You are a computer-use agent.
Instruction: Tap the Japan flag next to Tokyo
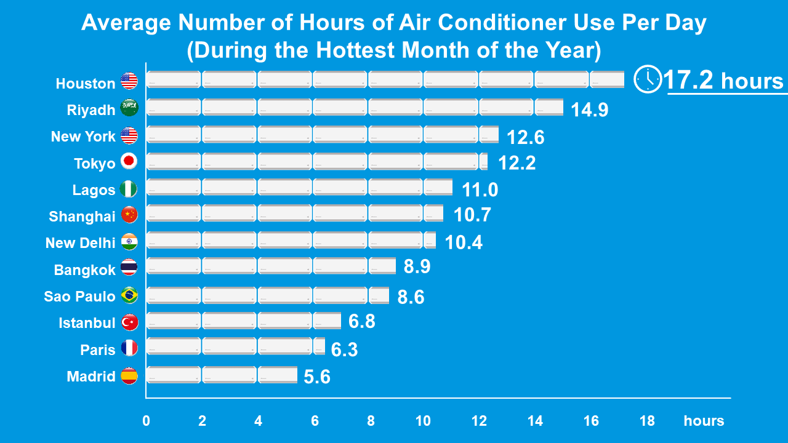pos(129,162)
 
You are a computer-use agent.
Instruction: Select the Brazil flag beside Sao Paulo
pos(129,295)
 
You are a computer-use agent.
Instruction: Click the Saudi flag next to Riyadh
pos(129,108)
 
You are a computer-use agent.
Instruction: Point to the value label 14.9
pos(589,110)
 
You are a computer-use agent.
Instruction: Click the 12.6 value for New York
pos(525,137)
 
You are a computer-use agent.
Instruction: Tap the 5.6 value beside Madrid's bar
pos(317,377)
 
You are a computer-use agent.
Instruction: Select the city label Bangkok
pos(85,270)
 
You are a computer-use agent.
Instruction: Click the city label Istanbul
pos(87,323)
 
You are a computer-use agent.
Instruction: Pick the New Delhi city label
pos(80,243)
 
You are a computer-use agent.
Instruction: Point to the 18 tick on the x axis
pos(647,421)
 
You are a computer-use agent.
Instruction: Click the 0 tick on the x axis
pos(146,421)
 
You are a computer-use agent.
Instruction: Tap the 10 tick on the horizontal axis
pos(423,421)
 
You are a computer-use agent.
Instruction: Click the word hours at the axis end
pos(704,421)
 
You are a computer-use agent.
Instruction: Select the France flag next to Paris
pos(129,348)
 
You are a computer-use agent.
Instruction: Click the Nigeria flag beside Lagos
pos(129,189)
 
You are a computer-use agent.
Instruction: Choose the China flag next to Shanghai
pos(129,215)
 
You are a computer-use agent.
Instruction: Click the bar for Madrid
pos(222,375)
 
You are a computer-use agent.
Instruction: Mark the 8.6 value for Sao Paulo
pos(411,297)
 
